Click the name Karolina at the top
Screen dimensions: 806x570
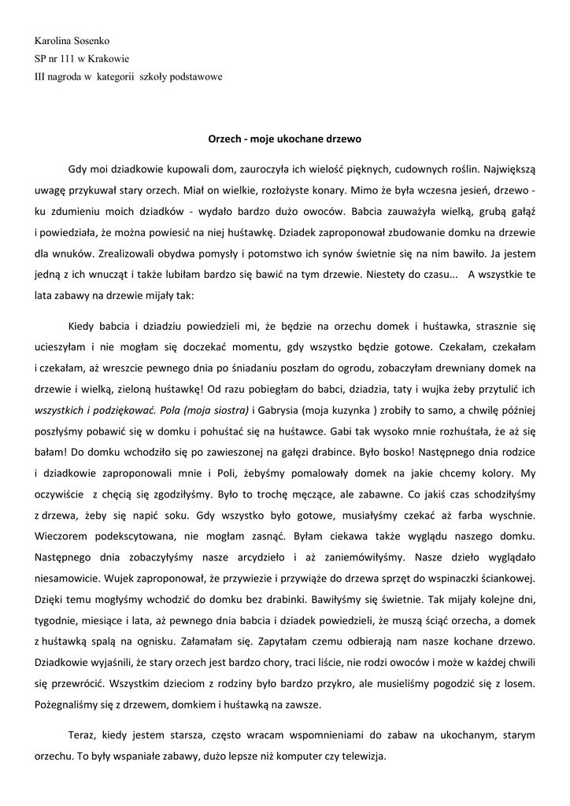pyautogui.click(x=54, y=39)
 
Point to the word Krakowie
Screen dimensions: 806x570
pyautogui.click(x=114, y=58)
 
